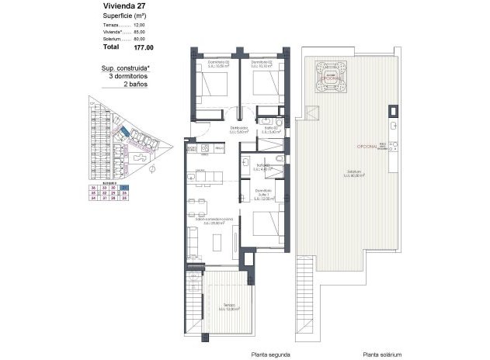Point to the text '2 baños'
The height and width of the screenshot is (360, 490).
136,84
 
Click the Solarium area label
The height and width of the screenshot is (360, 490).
356,173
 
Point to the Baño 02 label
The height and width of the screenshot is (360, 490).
269,129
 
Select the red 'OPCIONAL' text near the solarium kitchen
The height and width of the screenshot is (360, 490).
367,145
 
